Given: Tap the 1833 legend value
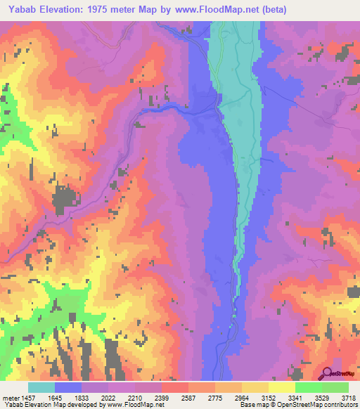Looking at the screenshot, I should [82, 396].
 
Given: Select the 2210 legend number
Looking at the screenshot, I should [134, 396].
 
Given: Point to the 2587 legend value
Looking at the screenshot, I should [188, 396].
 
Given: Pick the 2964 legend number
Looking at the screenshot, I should [240, 396].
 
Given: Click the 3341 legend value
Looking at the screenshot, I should [294, 396].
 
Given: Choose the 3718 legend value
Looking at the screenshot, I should [347, 396].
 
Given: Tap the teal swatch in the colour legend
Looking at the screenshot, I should [41, 387].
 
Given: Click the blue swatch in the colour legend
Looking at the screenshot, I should [68, 387].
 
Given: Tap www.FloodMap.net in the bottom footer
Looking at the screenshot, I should [130, 405].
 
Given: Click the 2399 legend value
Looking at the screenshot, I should [161, 396].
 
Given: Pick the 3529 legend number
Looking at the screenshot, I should [320, 396].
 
